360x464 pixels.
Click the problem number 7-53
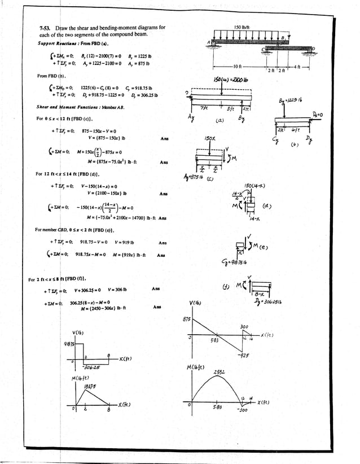(44, 28)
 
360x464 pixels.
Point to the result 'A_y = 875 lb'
(144, 65)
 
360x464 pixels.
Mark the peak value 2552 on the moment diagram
(221, 372)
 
